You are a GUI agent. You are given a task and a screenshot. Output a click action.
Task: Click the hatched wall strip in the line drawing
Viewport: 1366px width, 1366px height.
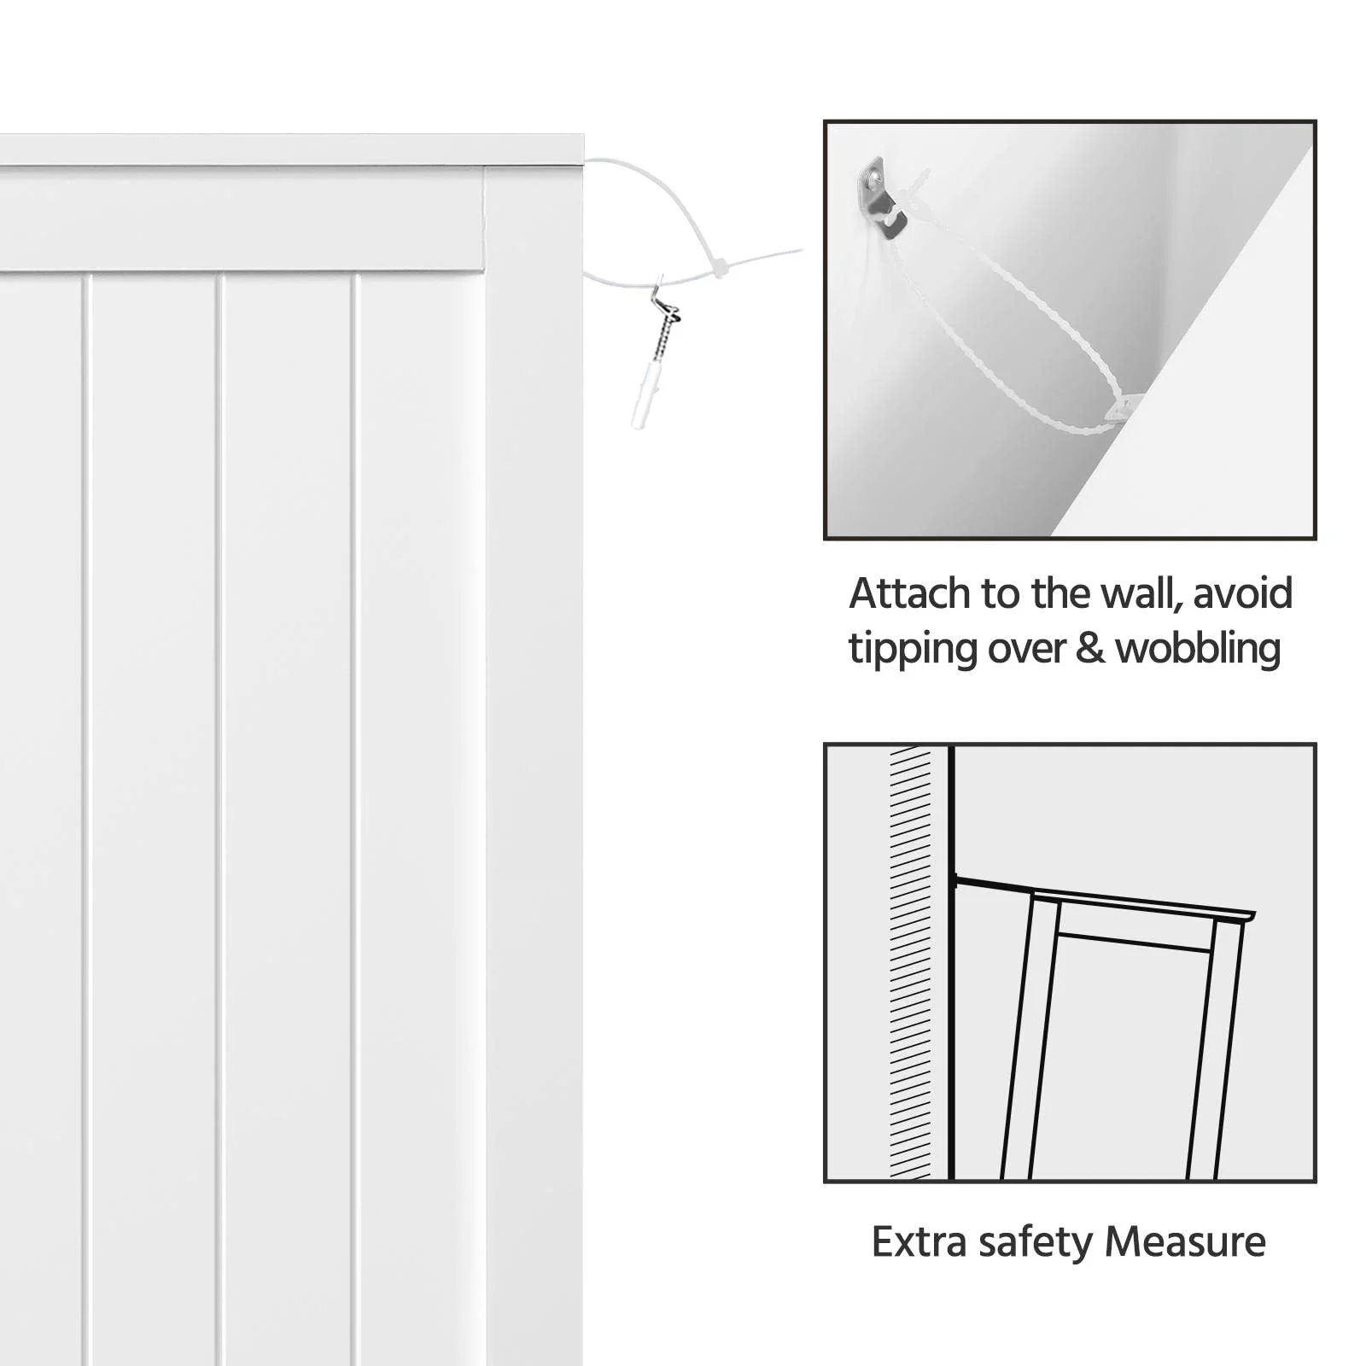pyautogui.click(x=910, y=965)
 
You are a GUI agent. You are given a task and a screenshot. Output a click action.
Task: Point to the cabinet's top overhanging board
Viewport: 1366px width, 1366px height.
pyautogui.click(x=290, y=149)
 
